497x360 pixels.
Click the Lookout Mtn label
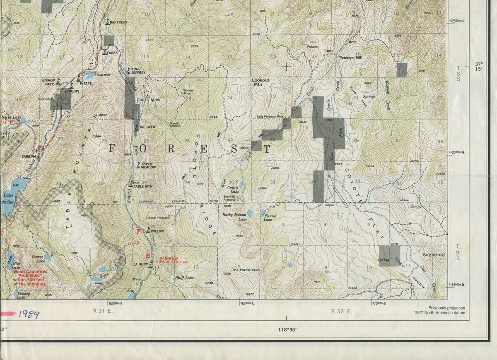[261, 82]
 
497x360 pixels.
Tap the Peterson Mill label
[350, 58]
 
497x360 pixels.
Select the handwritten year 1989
[29, 315]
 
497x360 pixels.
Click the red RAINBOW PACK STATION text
[167, 260]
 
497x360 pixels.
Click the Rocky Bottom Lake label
[234, 217]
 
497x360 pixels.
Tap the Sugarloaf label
[433, 255]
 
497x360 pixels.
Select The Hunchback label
[246, 270]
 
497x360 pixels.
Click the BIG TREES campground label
[118, 22]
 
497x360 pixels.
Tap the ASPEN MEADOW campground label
[147, 165]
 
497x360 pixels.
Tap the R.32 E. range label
[341, 311]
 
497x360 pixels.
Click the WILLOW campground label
[157, 231]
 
